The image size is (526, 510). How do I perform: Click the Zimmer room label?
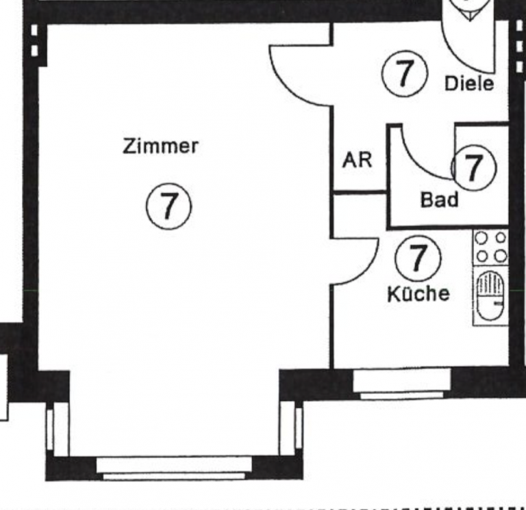(x=160, y=146)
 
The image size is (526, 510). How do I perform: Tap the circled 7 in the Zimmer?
(x=168, y=206)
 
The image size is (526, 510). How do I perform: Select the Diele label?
(x=469, y=83)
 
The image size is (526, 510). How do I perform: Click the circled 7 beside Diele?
(x=405, y=73)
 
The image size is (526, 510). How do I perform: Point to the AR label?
(x=357, y=160)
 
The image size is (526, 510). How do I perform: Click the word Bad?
(x=439, y=200)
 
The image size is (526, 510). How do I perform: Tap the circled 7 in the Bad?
(x=473, y=167)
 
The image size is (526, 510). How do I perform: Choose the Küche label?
(x=418, y=294)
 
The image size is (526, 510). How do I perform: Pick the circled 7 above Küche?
(x=418, y=258)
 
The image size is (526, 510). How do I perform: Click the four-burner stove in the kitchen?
(x=491, y=247)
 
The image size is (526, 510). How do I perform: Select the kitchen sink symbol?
(x=490, y=296)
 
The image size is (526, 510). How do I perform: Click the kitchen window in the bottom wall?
(x=401, y=384)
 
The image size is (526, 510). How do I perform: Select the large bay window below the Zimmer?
(x=174, y=468)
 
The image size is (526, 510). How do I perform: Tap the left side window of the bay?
(x=58, y=429)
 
